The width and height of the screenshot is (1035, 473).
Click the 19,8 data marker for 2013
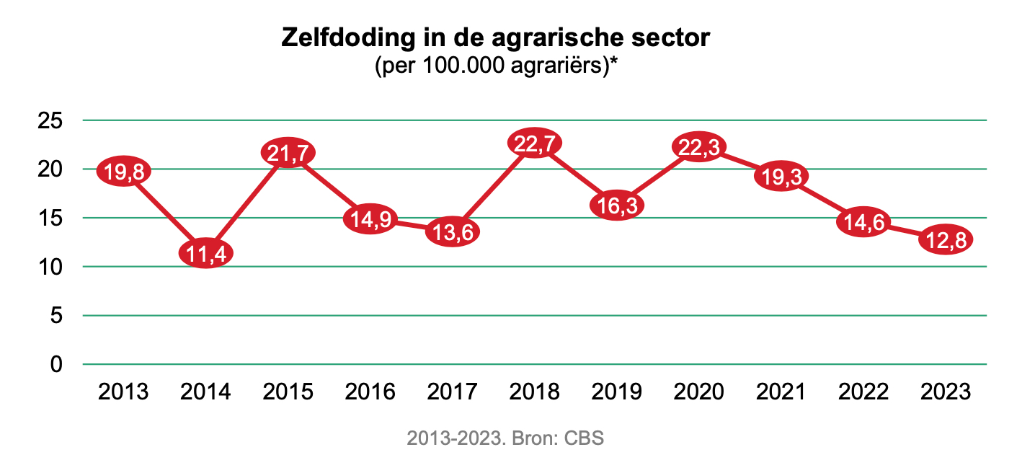[124, 171]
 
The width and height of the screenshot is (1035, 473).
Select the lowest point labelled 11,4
[206, 253]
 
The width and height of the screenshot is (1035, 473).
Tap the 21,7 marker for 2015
[288, 152]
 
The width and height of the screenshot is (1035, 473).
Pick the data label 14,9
[370, 218]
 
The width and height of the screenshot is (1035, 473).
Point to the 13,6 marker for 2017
[453, 231]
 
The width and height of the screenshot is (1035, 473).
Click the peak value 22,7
[535, 143]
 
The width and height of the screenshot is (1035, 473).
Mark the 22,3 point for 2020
[699, 146]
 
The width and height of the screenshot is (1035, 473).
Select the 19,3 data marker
[781, 176]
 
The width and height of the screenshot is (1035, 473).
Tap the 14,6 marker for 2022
[863, 221]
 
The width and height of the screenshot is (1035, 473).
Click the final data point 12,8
[946, 239]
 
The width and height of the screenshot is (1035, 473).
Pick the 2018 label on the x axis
[535, 392]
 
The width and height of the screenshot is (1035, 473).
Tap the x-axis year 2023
[946, 392]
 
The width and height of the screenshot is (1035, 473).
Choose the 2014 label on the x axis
[206, 392]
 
